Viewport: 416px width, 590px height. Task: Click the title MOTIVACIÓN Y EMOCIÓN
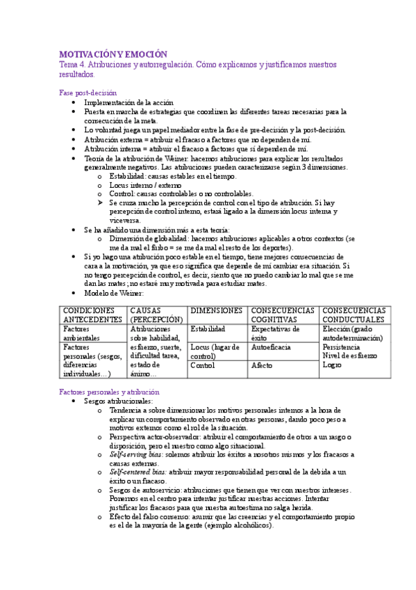[113, 54]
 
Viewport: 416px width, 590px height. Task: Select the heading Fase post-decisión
[88, 93]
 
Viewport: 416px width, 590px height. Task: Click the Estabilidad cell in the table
[208, 329]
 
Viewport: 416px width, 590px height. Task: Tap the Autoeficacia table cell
[272, 346]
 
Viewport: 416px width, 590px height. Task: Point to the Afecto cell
[262, 365]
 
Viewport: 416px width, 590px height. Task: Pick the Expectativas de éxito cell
[275, 333]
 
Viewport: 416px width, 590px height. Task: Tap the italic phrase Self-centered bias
[137, 472]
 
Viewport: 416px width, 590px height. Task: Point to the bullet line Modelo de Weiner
[115, 292]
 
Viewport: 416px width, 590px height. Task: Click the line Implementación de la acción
[131, 102]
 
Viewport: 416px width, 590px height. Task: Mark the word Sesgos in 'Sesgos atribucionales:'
[96, 401]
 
